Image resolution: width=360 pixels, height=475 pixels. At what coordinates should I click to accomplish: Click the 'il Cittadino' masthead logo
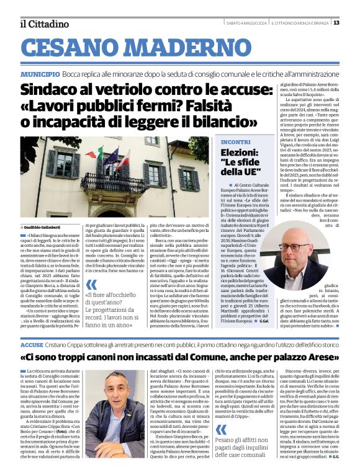pos(44,24)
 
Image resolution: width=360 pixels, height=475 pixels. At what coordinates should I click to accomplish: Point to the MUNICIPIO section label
pos(40,73)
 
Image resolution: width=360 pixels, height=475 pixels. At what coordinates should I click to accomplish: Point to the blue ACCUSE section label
pos(31,344)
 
